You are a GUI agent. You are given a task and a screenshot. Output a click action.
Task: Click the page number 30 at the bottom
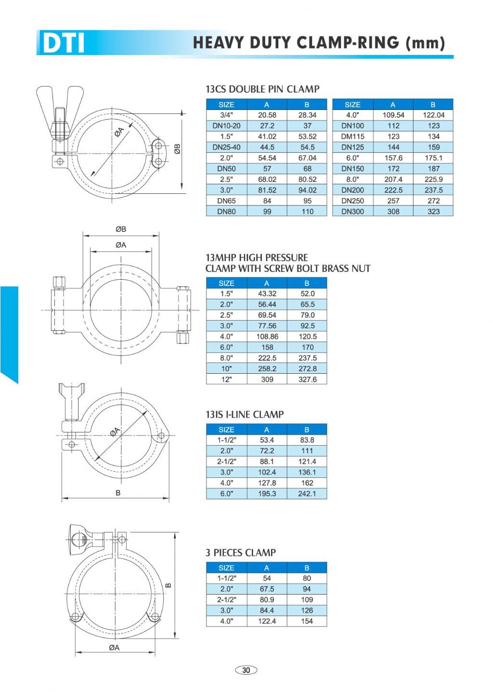(x=246, y=670)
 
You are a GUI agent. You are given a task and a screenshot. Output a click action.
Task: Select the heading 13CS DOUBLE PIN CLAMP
(x=262, y=89)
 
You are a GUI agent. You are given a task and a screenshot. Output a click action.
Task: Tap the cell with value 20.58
(x=267, y=115)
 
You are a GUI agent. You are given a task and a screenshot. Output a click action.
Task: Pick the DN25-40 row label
(x=226, y=147)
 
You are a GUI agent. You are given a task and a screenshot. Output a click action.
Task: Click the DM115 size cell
(x=352, y=136)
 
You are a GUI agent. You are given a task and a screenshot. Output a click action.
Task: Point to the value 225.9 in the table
(x=433, y=179)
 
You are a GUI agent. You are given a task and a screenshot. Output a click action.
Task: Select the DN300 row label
(x=352, y=211)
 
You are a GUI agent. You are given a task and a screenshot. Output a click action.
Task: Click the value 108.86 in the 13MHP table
(x=267, y=337)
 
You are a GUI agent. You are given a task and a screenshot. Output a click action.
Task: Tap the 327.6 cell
(x=307, y=380)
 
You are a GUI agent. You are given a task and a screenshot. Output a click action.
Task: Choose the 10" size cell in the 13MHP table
(x=226, y=368)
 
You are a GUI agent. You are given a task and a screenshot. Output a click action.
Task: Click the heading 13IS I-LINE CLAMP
(x=245, y=414)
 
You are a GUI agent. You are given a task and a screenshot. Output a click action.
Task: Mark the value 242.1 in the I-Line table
(x=307, y=494)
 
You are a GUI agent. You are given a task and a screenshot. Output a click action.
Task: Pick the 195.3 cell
(x=267, y=494)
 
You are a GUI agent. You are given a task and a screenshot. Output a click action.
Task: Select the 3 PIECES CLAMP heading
(x=240, y=553)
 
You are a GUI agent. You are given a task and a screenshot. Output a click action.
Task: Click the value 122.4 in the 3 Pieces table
(x=267, y=621)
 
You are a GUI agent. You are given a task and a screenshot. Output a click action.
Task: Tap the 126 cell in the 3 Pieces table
(x=307, y=611)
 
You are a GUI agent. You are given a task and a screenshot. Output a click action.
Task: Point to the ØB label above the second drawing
(x=121, y=229)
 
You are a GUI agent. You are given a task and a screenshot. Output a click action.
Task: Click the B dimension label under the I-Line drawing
(x=118, y=493)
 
